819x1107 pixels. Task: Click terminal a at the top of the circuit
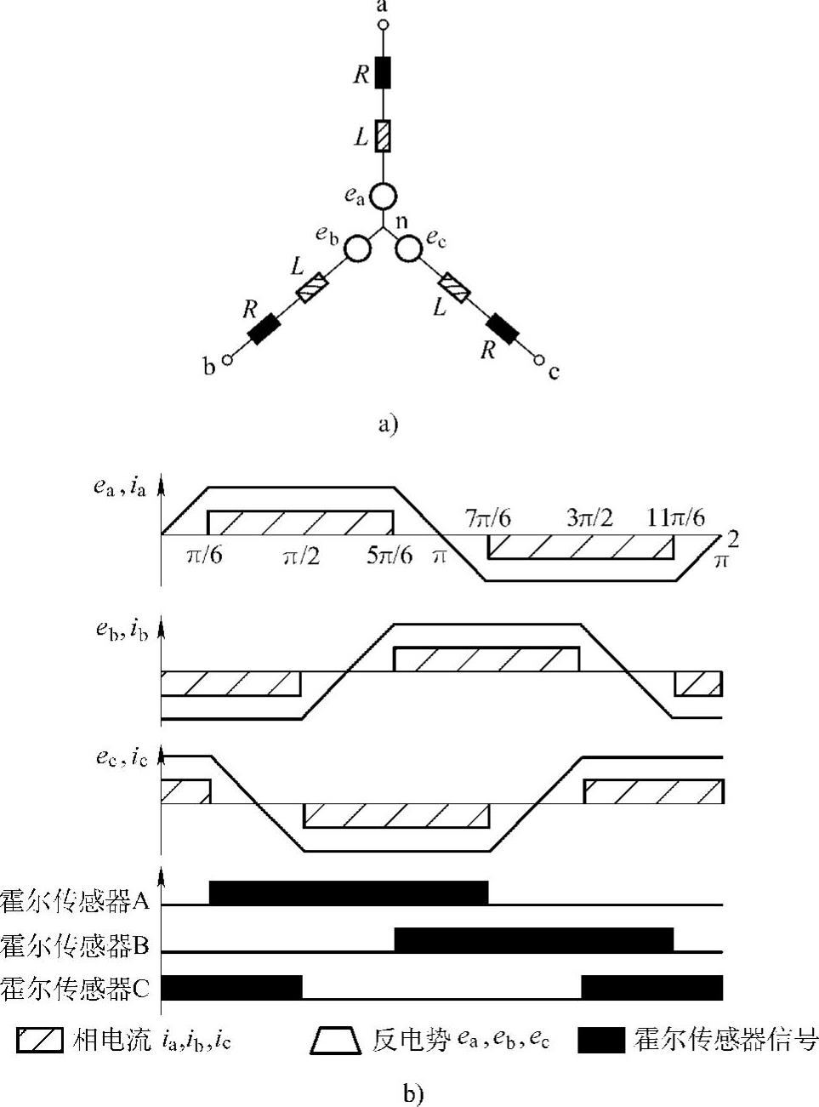click(383, 25)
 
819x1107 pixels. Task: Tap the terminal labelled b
click(227, 360)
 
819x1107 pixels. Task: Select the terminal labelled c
click(538, 361)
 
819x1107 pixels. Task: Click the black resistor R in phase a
click(383, 73)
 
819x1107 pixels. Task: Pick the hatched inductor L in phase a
click(383, 136)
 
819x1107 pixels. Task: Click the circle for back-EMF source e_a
click(383, 197)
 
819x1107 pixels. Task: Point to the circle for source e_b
click(357, 248)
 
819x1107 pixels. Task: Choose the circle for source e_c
click(408, 248)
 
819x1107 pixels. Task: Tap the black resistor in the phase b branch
click(264, 328)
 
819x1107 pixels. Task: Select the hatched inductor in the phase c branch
click(453, 287)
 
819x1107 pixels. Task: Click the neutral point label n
click(402, 222)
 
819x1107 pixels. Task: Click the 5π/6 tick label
click(390, 556)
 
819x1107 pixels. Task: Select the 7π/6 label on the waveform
click(488, 518)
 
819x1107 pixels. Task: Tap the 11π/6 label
click(675, 518)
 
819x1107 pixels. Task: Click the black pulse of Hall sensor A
click(349, 893)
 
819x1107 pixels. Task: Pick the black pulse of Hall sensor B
click(534, 939)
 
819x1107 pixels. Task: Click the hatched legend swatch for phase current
click(40, 1040)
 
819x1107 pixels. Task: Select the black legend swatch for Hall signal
click(600, 1040)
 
